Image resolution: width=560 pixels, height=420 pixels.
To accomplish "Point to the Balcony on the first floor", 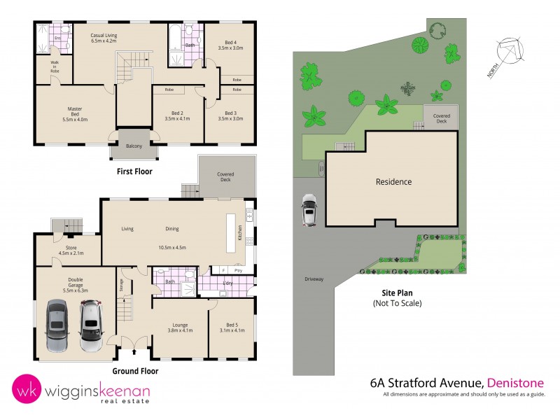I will [x=134, y=146].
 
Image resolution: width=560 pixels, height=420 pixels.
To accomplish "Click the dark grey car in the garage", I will [x=57, y=325].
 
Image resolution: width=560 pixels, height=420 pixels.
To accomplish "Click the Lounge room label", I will [x=181, y=327].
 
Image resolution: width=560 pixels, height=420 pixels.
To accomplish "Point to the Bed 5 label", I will [x=230, y=327].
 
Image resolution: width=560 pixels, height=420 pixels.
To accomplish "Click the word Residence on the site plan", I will [x=393, y=182].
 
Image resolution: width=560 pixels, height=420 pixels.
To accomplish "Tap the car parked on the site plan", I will [x=309, y=210].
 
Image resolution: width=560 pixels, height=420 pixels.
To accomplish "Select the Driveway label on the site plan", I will [x=314, y=279].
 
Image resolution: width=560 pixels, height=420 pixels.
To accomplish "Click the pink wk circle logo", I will [x=25, y=391].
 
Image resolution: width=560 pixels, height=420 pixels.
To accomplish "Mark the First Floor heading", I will [x=134, y=171].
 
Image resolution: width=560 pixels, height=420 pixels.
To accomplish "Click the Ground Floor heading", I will [x=135, y=371].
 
